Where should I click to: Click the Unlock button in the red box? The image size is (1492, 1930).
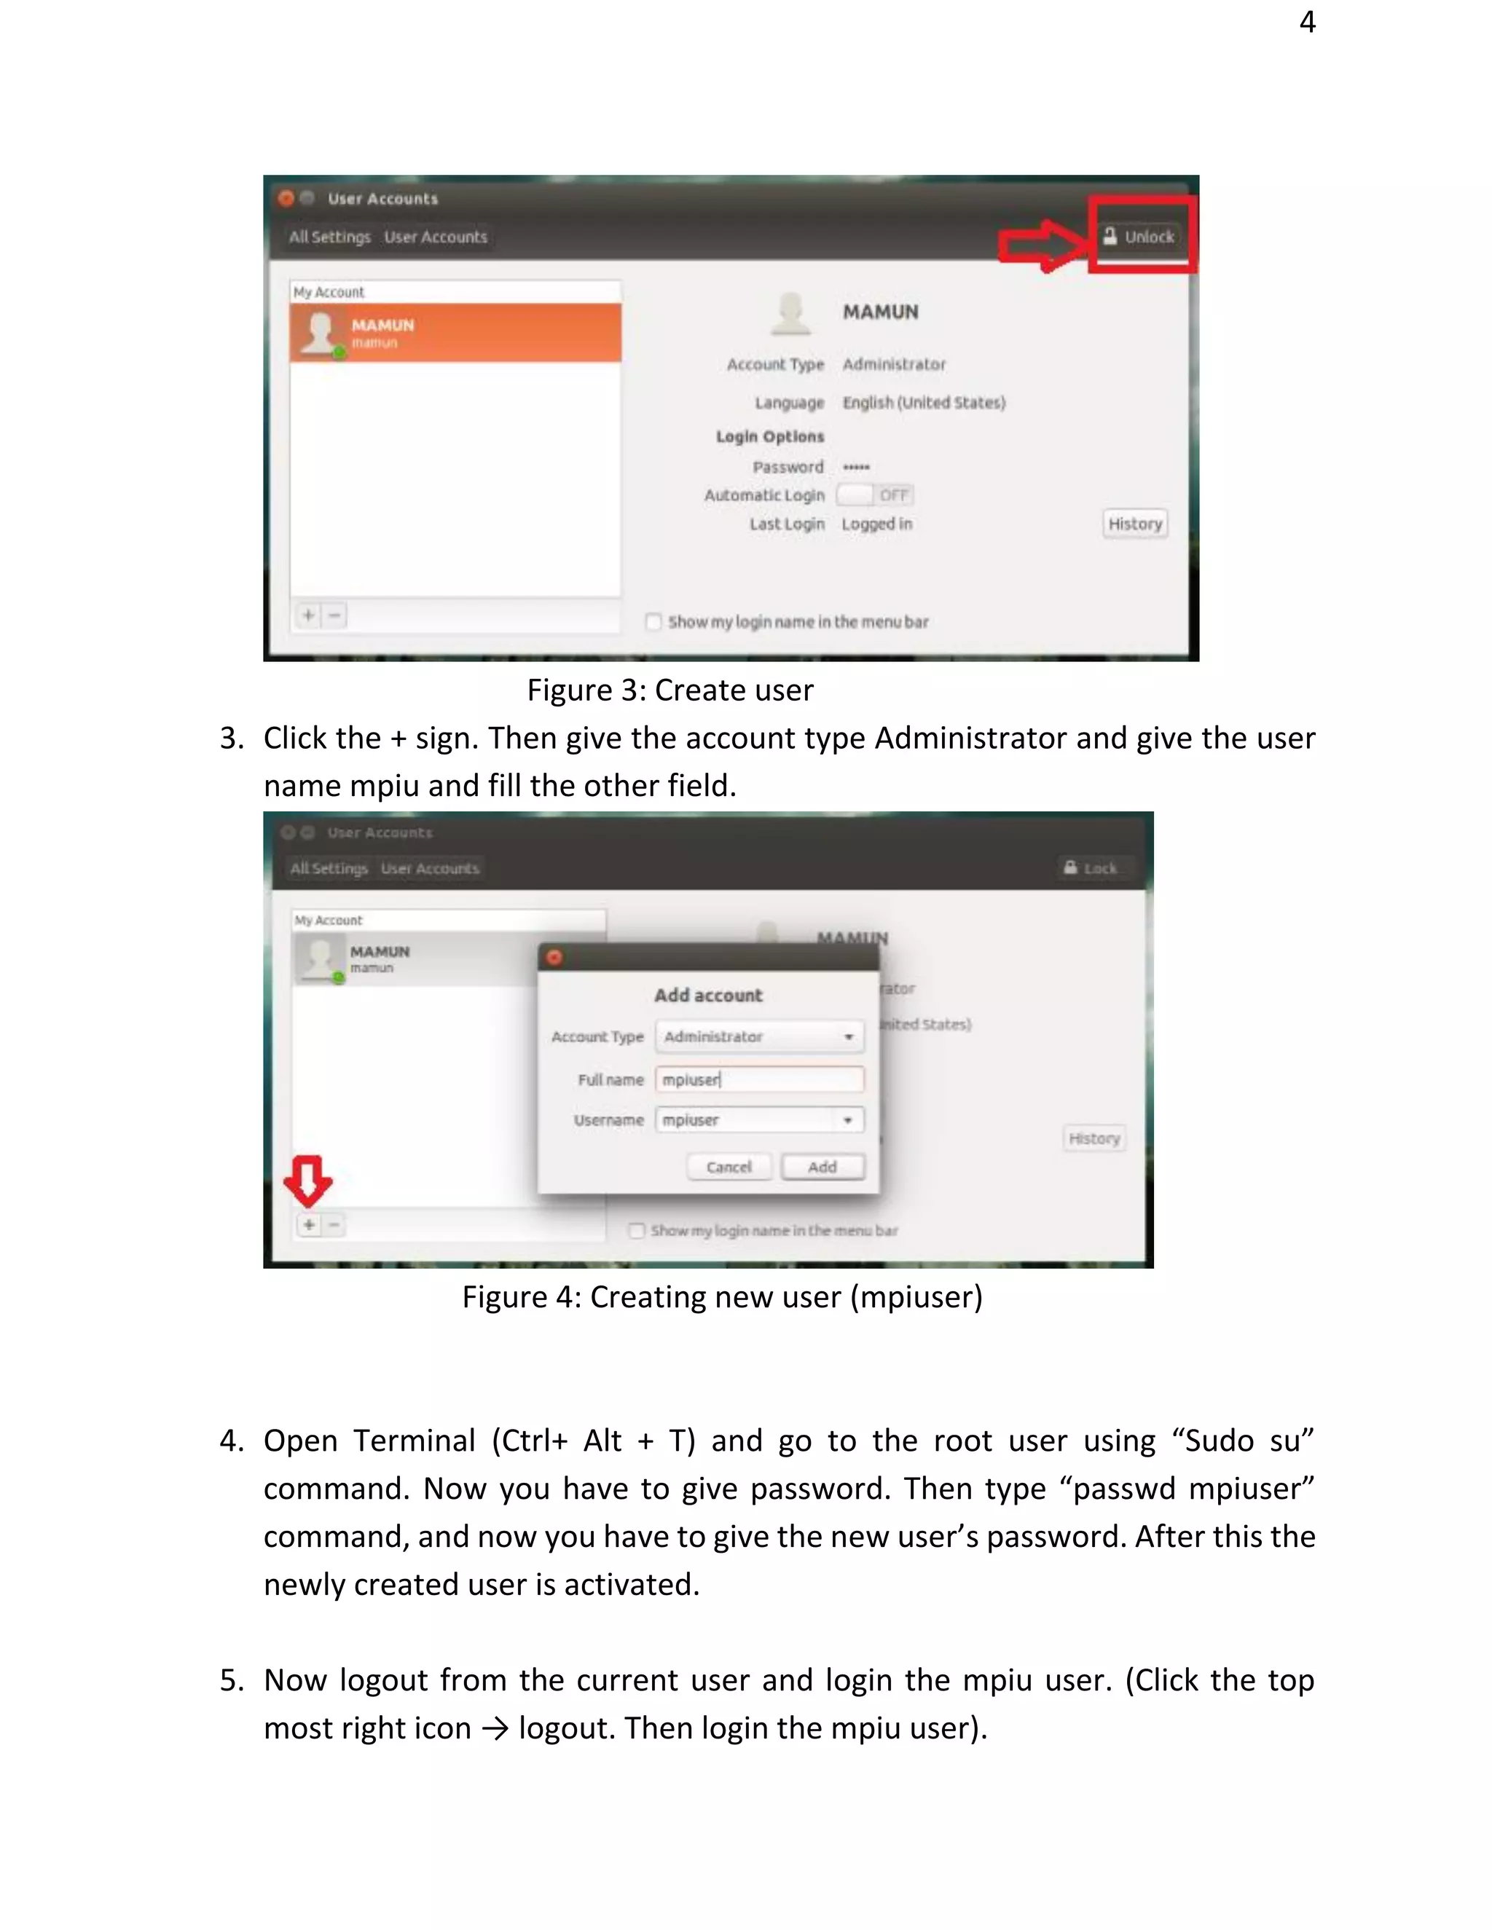[1140, 236]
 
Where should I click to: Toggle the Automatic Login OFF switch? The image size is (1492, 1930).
[874, 495]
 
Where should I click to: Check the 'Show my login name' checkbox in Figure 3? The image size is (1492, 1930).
[653, 621]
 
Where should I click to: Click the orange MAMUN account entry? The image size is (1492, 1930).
[455, 333]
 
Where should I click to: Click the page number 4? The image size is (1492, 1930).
[1307, 21]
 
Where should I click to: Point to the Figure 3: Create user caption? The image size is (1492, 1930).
[670, 690]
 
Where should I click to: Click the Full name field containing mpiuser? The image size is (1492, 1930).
[758, 1079]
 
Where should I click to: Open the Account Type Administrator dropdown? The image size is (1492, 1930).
[758, 1036]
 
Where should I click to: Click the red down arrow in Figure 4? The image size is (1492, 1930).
[307, 1181]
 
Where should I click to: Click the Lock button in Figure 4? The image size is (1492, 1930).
[1091, 868]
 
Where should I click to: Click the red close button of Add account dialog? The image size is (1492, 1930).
[554, 957]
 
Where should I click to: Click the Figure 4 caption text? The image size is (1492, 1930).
[722, 1296]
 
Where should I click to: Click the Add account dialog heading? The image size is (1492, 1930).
[708, 995]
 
